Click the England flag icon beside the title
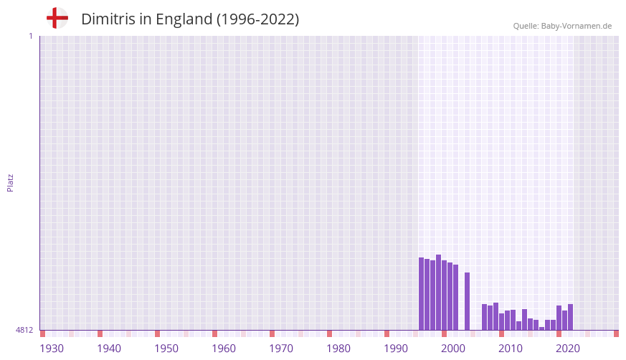pyautogui.click(x=57, y=18)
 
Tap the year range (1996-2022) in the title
pyautogui.click(x=257, y=19)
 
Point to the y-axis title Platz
pyautogui.click(x=10, y=182)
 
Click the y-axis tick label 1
pyautogui.click(x=30, y=36)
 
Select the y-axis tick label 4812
pyautogui.click(x=24, y=330)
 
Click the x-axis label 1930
pyautogui.click(x=52, y=349)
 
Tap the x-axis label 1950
pyautogui.click(x=166, y=349)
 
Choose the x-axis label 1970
pyautogui.click(x=281, y=349)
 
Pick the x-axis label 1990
pyautogui.click(x=396, y=349)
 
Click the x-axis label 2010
pyautogui.click(x=511, y=349)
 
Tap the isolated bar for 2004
pyautogui.click(x=467, y=301)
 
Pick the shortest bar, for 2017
pyautogui.click(x=541, y=328)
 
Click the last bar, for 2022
pyautogui.click(x=570, y=317)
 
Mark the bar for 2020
pyautogui.click(x=559, y=318)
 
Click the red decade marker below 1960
pyautogui.click(x=214, y=333)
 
